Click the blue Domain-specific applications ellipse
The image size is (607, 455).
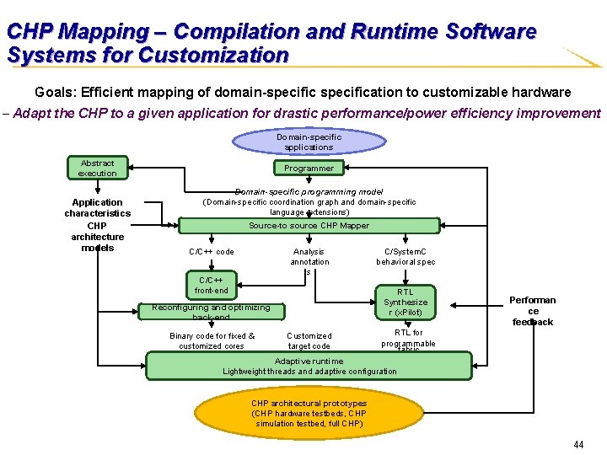pos(309,142)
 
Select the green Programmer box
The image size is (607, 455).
pos(309,169)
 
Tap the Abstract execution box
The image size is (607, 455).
pos(97,168)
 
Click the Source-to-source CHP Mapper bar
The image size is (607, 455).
pos(309,225)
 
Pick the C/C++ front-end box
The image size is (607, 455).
pos(211,286)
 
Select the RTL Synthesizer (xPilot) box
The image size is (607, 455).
pos(406,302)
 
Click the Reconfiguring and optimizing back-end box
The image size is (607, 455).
pos(211,311)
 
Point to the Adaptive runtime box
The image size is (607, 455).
pos(309,366)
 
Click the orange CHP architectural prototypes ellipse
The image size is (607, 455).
pos(309,413)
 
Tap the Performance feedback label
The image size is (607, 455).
pos(532,311)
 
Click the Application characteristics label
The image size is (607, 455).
pos(97,207)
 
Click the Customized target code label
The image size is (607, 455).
pos(309,340)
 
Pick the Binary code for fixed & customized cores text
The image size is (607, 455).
pos(212,340)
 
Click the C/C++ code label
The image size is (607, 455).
pos(211,251)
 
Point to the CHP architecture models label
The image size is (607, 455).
pos(97,237)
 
